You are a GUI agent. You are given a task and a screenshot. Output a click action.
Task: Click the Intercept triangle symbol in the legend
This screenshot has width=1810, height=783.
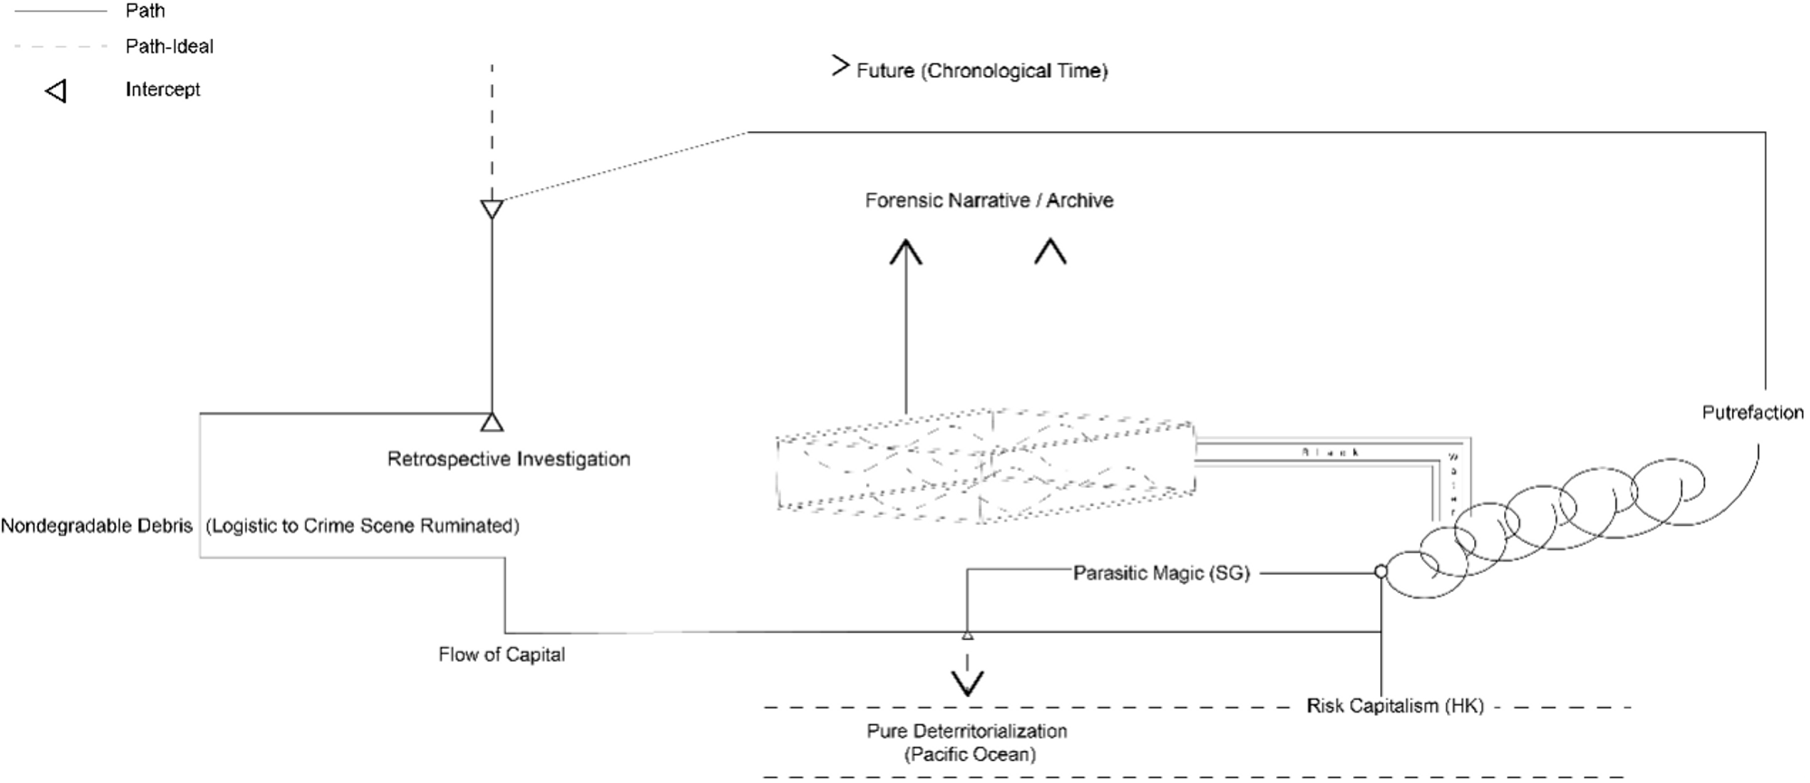pos(56,91)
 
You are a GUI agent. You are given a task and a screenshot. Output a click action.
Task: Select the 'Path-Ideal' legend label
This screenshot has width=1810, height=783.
pos(169,46)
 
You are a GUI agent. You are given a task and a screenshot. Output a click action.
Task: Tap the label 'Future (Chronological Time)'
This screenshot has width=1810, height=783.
pos(982,71)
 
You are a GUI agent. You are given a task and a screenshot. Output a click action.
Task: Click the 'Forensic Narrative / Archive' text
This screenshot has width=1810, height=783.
pos(988,200)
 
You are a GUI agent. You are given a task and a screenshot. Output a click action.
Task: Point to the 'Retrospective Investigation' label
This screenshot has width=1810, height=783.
pos(509,459)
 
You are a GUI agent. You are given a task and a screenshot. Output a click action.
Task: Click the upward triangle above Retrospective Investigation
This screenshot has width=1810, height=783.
pos(491,421)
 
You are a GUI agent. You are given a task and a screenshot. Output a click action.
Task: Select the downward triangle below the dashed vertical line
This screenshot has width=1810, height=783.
pos(491,210)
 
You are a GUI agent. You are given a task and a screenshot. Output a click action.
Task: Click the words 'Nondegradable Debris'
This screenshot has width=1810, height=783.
pos(97,526)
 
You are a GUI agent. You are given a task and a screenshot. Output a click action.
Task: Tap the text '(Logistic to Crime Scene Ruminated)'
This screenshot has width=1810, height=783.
pos(363,526)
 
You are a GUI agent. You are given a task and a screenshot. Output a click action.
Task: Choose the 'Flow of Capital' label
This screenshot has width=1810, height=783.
pos(501,654)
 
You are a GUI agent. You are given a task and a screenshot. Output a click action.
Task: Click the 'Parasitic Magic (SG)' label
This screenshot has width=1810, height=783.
pos(1161,573)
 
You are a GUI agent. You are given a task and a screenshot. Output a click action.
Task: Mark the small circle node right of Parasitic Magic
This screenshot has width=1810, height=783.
pos(1380,571)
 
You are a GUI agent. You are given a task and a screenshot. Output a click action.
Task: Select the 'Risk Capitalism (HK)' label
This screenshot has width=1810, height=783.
pos(1395,706)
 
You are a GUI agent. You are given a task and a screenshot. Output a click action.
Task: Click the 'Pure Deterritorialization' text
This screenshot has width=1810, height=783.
pos(967,730)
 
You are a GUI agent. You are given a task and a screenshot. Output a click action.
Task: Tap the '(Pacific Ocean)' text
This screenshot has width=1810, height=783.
pos(969,754)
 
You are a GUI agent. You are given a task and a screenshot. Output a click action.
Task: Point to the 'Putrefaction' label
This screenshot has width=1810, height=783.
pos(1752,413)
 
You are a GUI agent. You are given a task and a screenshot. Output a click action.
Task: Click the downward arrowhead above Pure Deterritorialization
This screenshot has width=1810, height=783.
pos(967,683)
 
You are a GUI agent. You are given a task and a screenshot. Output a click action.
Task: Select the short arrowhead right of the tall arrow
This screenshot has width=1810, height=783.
pos(1050,251)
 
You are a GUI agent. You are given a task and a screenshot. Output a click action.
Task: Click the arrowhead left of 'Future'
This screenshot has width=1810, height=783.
pos(841,65)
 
